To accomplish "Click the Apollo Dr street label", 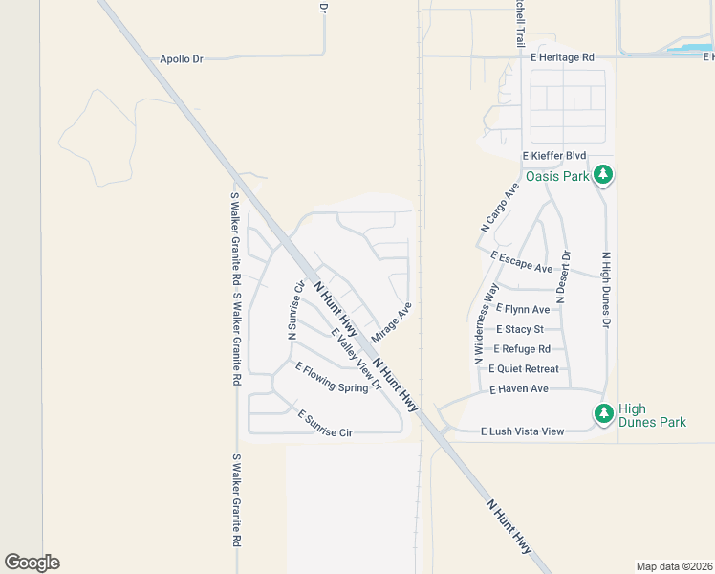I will point(182,59).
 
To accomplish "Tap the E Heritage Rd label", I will point(562,57).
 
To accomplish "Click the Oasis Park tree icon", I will point(602,175).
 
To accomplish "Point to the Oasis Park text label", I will point(556,176).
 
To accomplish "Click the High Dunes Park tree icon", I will point(603,413).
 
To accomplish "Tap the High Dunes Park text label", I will point(652,414).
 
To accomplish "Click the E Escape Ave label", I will point(521,261).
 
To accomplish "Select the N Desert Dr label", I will point(565,277).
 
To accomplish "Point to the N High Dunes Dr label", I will point(605,290).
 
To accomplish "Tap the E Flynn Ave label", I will point(522,309).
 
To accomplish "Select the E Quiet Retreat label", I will point(523,369).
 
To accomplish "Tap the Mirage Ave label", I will point(391,323).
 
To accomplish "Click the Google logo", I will point(32,563).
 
